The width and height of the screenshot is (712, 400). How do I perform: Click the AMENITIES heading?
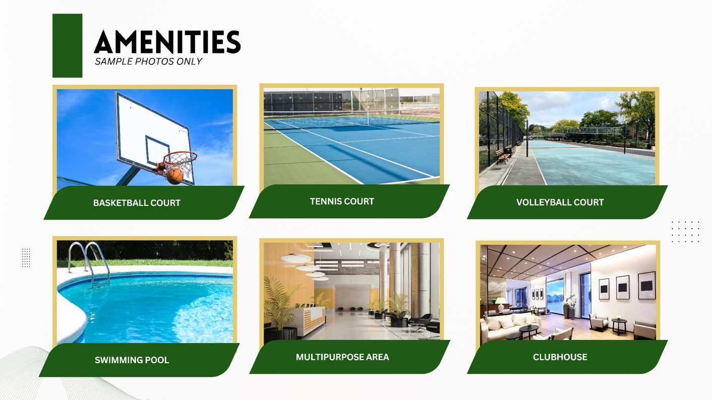(167, 42)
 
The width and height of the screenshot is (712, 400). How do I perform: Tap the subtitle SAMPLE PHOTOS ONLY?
(148, 62)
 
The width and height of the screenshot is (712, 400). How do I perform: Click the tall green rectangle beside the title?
(68, 45)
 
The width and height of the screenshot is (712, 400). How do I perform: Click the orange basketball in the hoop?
(175, 176)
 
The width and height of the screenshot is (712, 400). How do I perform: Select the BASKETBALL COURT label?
(137, 203)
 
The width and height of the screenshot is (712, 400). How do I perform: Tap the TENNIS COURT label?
(342, 201)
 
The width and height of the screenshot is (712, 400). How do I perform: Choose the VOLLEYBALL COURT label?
(560, 202)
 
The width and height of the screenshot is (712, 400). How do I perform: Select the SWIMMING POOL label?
(132, 360)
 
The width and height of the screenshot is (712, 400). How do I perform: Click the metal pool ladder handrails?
(89, 264)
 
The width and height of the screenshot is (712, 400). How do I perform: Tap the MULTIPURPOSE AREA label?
(342, 357)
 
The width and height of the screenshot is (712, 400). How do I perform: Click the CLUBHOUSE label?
(560, 357)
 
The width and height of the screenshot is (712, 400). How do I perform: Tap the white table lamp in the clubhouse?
(501, 305)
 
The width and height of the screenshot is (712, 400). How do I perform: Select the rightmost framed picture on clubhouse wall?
(647, 285)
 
